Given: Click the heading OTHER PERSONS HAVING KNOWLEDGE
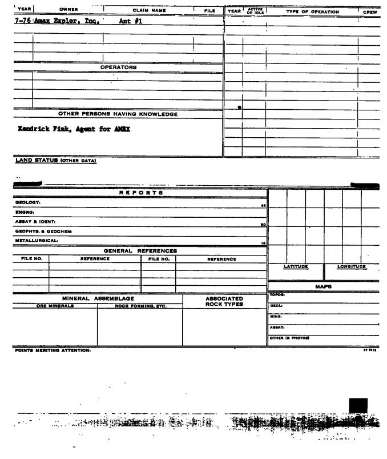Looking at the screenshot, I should click(118, 114).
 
